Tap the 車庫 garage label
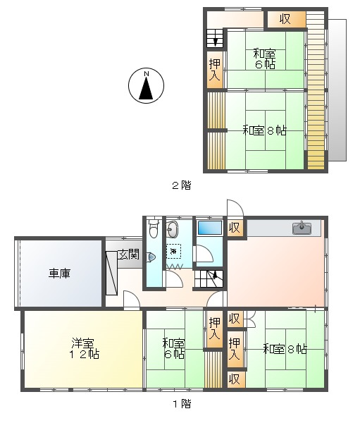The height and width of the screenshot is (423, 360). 59,274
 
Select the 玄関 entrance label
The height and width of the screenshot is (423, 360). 129,255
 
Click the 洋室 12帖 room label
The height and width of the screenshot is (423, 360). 83,348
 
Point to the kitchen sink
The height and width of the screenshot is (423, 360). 302,228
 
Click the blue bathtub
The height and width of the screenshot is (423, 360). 210,228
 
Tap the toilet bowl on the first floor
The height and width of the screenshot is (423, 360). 154,228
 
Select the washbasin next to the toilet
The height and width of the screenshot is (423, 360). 172,229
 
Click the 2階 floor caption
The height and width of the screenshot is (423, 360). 182,185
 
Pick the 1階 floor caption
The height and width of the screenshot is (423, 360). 182,403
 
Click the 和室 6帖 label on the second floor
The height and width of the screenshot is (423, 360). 264,59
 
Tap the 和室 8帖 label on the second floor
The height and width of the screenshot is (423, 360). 264,130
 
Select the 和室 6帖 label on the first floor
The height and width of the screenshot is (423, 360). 174,348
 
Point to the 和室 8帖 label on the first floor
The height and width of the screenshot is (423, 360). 285,349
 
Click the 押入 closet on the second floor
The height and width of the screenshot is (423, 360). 215,70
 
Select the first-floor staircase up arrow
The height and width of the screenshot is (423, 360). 215,274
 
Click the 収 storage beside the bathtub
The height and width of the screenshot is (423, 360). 235,228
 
